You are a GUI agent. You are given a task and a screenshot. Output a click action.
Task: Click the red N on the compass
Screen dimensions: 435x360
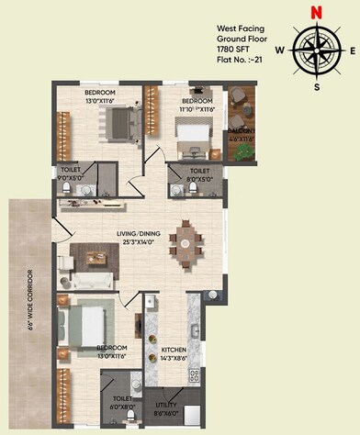click(315, 13)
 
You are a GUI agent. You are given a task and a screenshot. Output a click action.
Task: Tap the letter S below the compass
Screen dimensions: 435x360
click(316, 87)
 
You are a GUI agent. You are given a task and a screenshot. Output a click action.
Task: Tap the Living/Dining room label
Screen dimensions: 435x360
click(139, 239)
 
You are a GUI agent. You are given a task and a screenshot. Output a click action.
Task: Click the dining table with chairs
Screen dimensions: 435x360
click(186, 242)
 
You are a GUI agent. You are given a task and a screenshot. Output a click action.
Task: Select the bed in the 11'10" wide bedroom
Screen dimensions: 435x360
click(192, 128)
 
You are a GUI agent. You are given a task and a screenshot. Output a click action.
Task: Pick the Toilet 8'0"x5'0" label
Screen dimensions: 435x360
click(200, 174)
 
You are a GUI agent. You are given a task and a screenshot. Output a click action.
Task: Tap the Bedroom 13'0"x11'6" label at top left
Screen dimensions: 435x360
click(101, 97)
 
